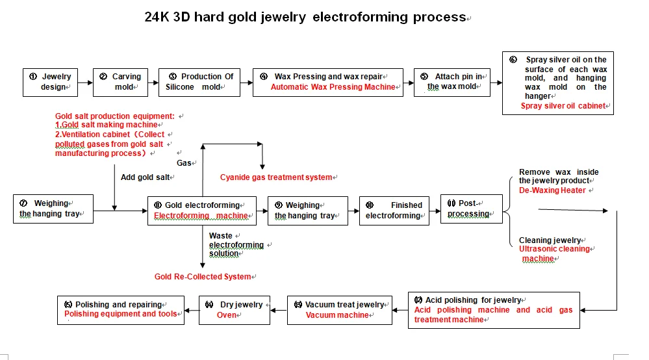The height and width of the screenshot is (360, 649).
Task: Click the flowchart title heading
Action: tap(305, 17)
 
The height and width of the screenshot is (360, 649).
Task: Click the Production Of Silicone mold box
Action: tap(198, 82)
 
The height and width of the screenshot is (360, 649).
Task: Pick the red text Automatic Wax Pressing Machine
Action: tap(333, 87)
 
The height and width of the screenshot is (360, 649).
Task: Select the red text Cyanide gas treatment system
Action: tap(276, 177)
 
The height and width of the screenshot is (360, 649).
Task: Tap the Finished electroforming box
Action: tap(394, 210)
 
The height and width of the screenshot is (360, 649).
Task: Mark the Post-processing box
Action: tap(471, 209)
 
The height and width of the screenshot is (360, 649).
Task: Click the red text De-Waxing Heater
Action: tap(552, 190)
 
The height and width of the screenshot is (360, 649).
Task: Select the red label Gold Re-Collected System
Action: tap(203, 277)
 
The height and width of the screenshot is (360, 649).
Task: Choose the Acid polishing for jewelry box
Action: tap(494, 310)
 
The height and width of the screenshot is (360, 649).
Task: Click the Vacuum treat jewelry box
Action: tap(340, 309)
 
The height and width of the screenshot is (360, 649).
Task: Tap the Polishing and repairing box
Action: tap(121, 309)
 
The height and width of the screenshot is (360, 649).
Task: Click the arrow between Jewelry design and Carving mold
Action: tap(84, 83)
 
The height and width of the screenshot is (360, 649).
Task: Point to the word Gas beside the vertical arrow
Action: tap(184, 163)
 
